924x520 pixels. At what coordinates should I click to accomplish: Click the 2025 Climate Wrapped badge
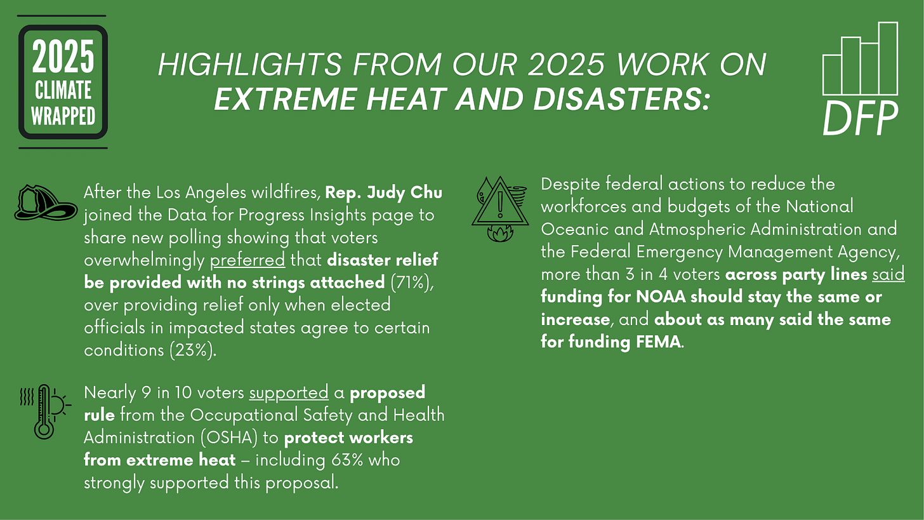[x=63, y=82]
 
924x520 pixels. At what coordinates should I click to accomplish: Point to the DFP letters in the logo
[x=860, y=118]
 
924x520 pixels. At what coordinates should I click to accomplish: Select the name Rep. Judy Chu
[x=384, y=191]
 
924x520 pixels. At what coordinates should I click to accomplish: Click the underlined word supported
[x=288, y=392]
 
